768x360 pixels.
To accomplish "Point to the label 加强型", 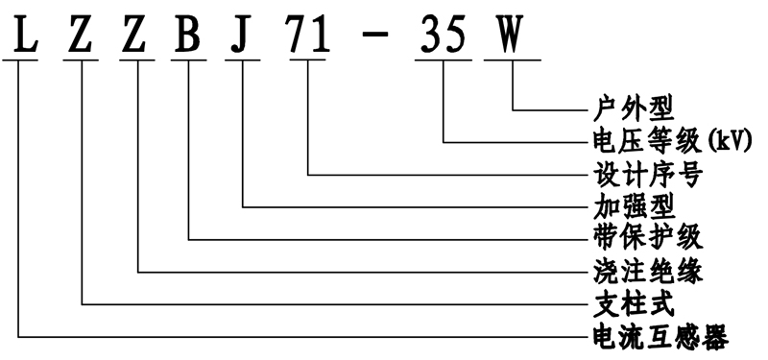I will [628, 205].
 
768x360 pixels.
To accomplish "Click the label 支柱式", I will [628, 303].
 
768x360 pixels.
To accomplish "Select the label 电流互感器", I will [658, 336].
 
